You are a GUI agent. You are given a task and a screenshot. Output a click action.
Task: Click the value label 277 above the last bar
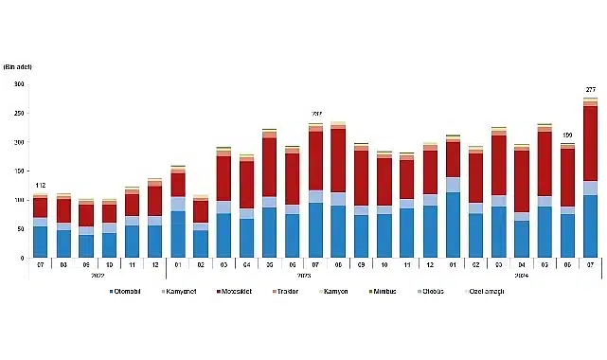point(590,89)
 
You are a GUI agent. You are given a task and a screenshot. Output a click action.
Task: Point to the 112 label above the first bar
point(40,185)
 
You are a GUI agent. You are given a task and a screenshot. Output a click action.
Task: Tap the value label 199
point(567,135)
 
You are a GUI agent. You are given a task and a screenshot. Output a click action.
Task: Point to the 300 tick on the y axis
point(18,84)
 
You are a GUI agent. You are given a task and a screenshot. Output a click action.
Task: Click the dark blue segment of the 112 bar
point(40,242)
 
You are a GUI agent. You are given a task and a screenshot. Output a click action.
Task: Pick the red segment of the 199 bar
point(567,177)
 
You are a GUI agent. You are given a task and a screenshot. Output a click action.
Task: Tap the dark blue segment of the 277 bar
point(590,226)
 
